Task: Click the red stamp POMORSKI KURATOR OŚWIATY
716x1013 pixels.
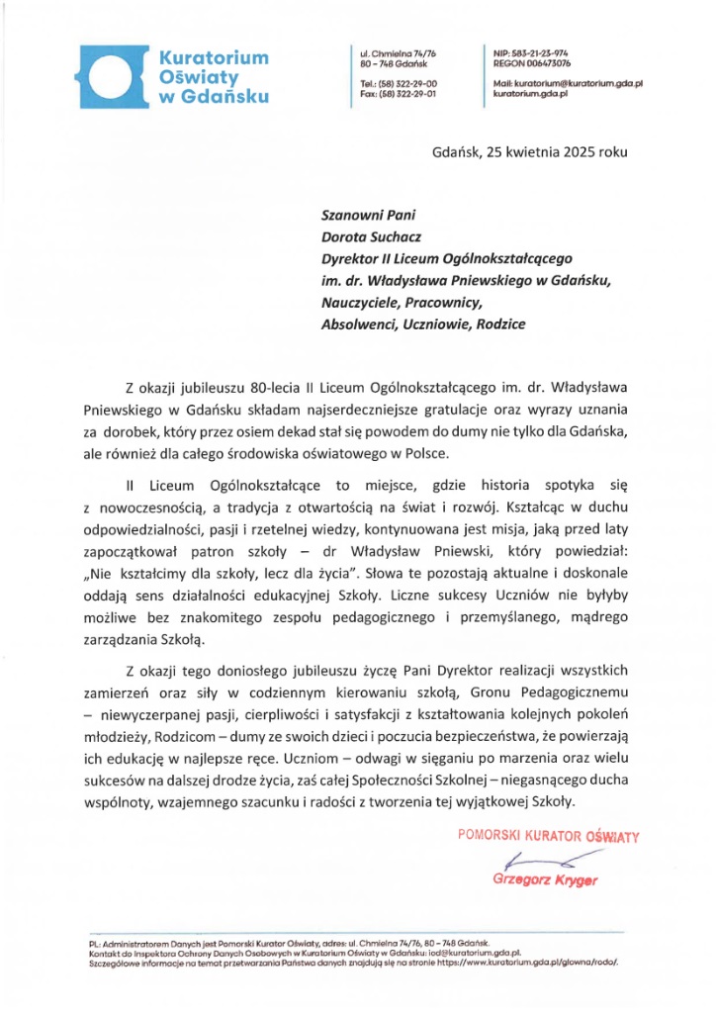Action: pos(548,837)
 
